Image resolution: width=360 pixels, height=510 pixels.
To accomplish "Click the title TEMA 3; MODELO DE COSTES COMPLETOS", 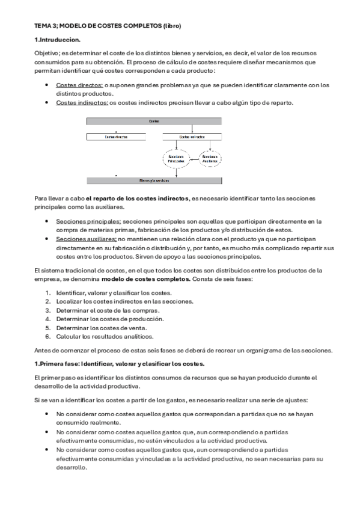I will click(x=108, y=26).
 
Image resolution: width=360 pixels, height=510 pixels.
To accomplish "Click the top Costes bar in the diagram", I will click(x=154, y=121).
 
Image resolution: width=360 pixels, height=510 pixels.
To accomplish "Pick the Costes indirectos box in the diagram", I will click(x=192, y=137).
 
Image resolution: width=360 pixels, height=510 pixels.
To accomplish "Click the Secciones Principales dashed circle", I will click(x=175, y=159).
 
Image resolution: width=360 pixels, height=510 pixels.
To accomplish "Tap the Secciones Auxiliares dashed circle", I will click(x=210, y=159).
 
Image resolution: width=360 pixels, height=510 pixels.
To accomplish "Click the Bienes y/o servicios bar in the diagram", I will click(x=154, y=180).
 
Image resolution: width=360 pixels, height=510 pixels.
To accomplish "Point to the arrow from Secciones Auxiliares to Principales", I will click(x=193, y=159).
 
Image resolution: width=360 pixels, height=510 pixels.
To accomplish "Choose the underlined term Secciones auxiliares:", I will click(x=86, y=239).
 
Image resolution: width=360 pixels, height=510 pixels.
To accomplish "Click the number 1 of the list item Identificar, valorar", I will click(x=48, y=292).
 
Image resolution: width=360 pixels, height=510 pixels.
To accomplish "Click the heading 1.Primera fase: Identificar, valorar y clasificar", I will click(x=120, y=364).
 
